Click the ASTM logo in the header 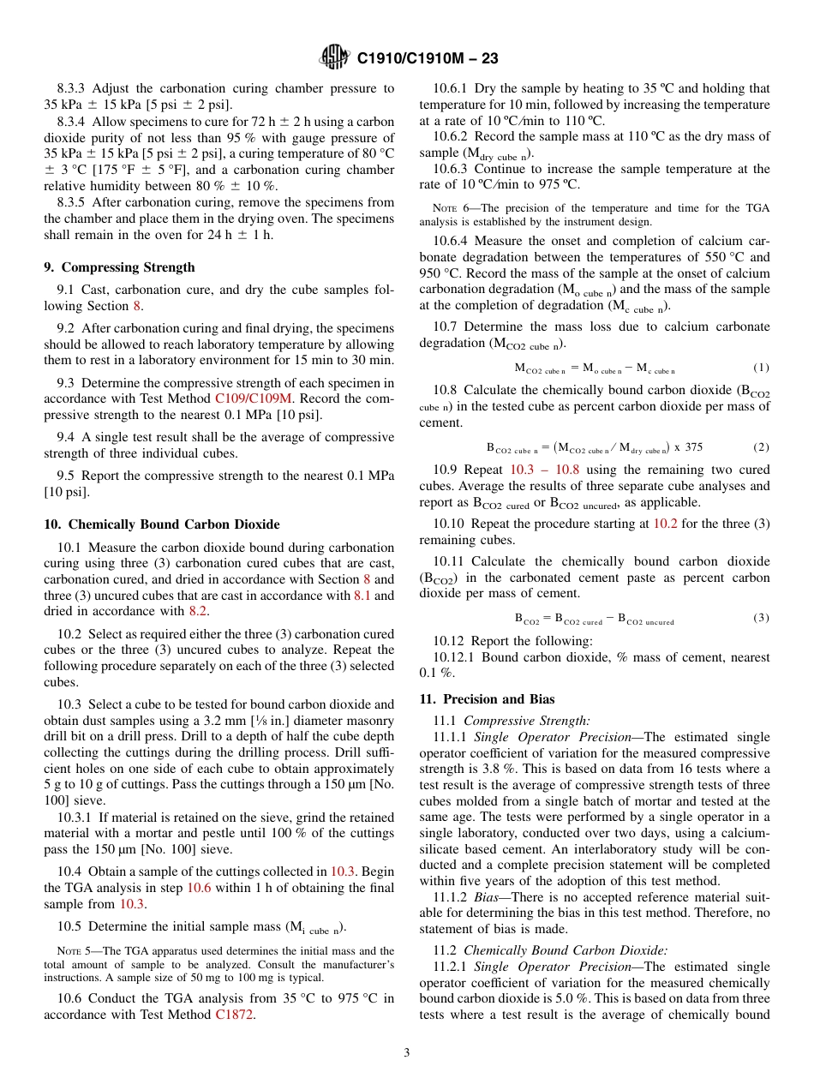click(333, 58)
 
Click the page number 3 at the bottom click(407, 1052)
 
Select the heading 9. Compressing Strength click(119, 267)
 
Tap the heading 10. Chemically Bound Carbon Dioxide click(161, 524)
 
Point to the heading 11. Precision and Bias click(487, 699)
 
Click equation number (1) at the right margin click(761, 368)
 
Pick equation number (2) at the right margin click(761, 447)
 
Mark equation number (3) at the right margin click(761, 618)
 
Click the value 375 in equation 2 click(694, 447)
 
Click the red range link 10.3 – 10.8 click(544, 470)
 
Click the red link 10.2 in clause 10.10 click(665, 523)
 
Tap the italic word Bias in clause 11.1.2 click(489, 897)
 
